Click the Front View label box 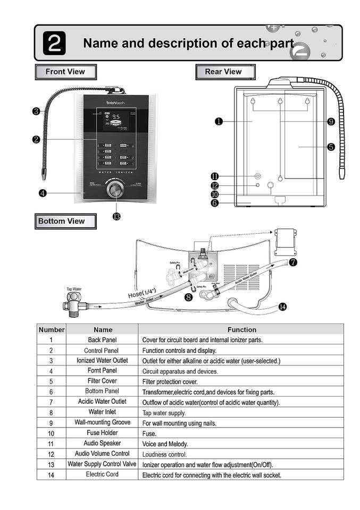coord(66,72)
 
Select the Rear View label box coord(224,72)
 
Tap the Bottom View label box coord(65,221)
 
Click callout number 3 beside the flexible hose coord(36,111)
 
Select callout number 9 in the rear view coord(331,122)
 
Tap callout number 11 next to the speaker coord(214,176)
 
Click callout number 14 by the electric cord coord(282,306)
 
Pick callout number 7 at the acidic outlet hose coord(293,262)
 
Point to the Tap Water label coord(74,290)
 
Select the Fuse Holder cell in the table coord(102,432)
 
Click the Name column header coord(103,330)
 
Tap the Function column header coord(242,330)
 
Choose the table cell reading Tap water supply coord(164,412)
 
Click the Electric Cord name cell coord(102,474)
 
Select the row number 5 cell coord(51,381)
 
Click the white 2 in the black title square coord(55,43)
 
